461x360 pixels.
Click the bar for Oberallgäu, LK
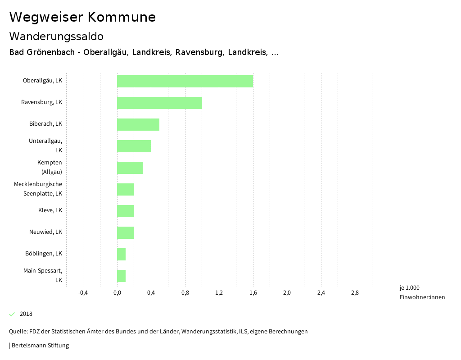click(185, 81)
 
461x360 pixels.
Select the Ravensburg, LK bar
click(159, 103)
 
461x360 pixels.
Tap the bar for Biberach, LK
click(138, 124)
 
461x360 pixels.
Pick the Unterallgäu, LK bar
click(134, 146)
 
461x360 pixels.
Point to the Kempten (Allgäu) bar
click(130, 168)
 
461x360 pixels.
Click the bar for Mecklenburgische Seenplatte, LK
click(126, 189)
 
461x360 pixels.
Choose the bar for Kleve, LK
click(126, 211)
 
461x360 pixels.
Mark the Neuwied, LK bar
click(126, 232)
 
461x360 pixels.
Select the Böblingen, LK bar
click(121, 254)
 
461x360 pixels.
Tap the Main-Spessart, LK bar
click(121, 276)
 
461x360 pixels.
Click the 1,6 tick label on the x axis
click(253, 293)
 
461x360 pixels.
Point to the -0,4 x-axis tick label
click(83, 293)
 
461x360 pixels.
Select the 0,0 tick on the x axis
click(117, 293)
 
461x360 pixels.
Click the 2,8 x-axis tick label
click(355, 293)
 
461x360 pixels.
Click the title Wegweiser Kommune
click(82, 17)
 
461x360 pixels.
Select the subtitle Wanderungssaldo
click(56, 36)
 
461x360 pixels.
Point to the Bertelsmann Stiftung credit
click(40, 346)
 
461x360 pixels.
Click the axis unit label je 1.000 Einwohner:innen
click(422, 292)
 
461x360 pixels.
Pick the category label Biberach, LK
click(45, 124)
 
